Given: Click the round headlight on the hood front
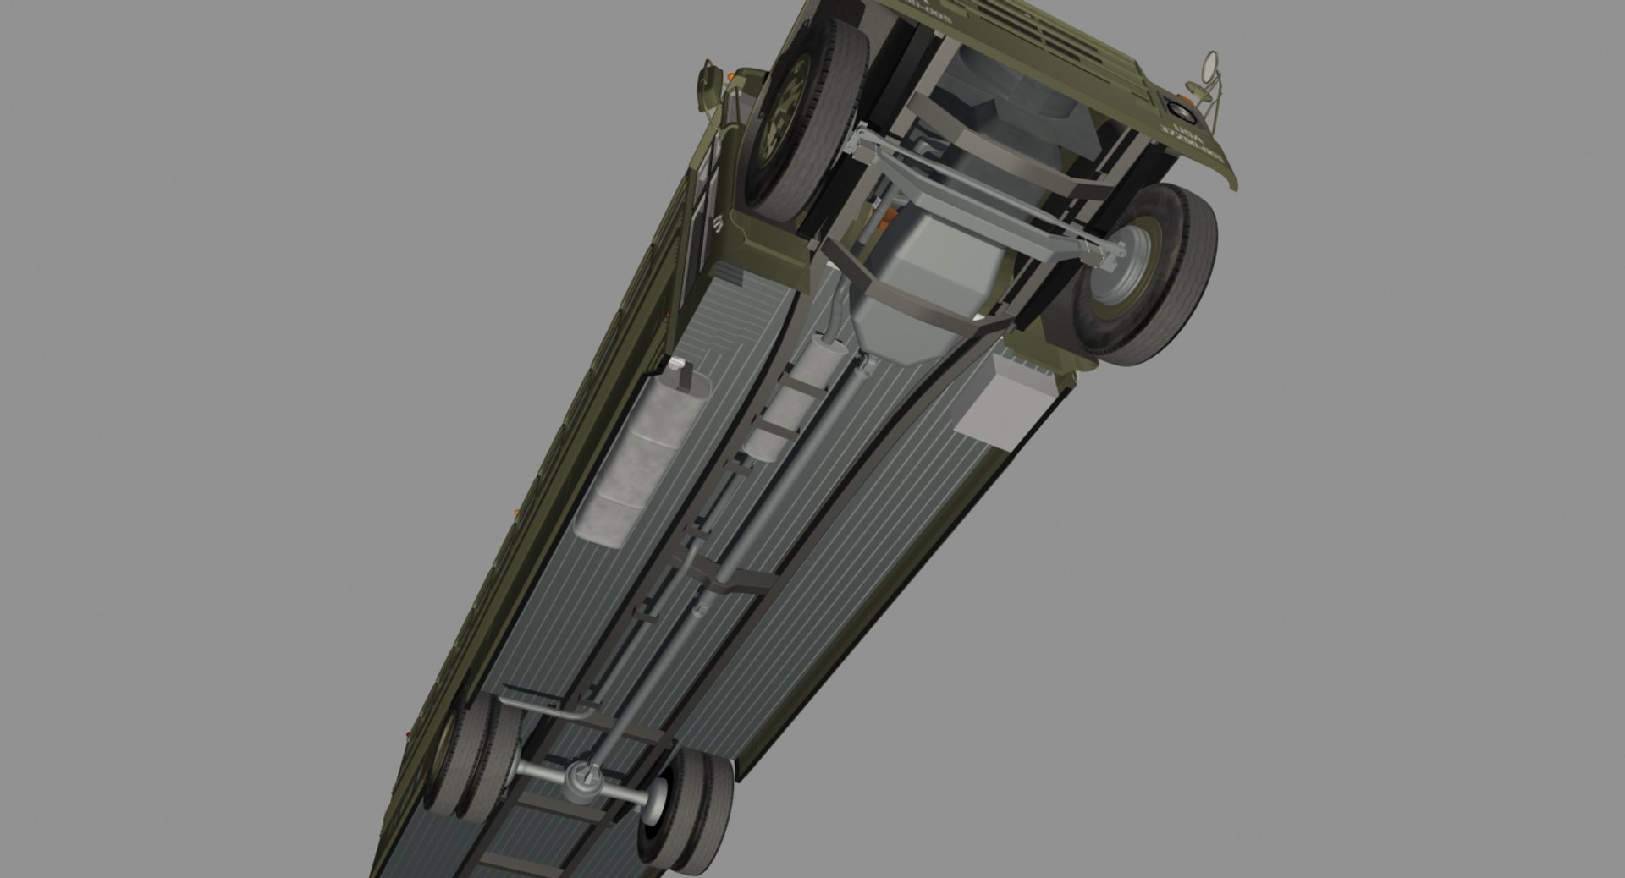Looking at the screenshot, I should tap(1176, 108).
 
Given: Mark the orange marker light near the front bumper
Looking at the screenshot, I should tap(730, 79).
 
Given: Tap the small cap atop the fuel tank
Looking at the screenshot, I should tap(675, 364).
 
